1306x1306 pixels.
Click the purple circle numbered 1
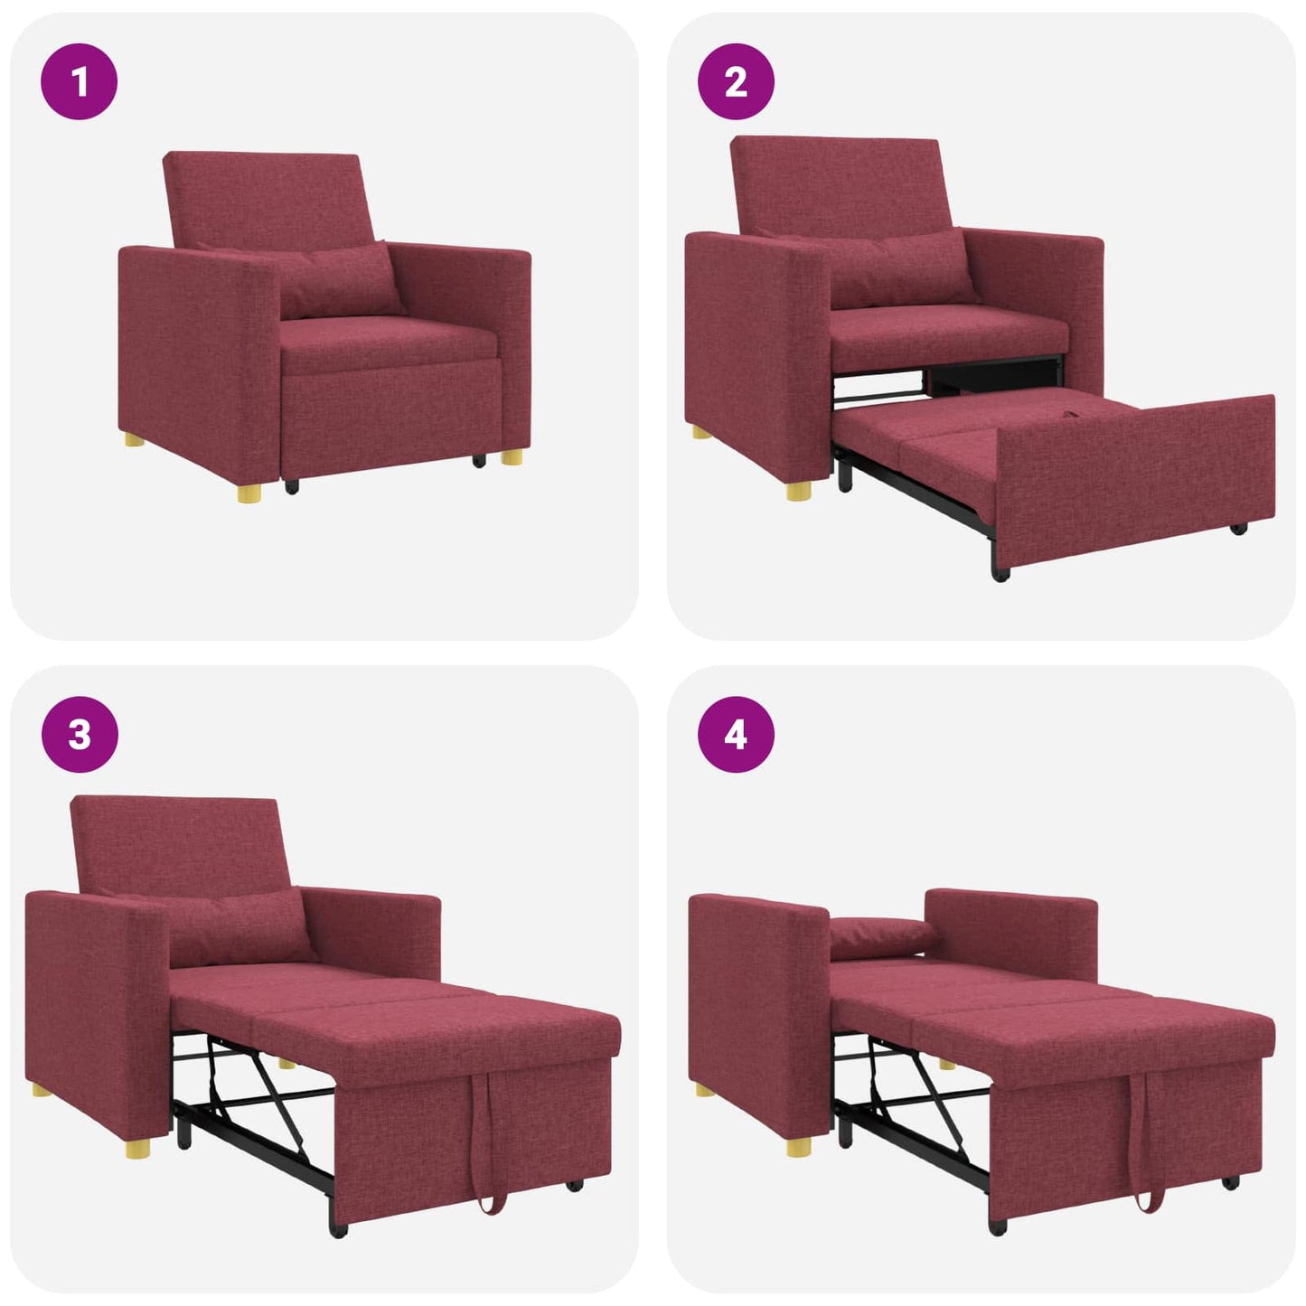[80, 81]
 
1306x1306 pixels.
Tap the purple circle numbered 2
[736, 81]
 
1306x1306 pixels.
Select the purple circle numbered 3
[80, 734]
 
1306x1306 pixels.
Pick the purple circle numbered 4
[736, 734]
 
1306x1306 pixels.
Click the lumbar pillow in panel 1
[339, 280]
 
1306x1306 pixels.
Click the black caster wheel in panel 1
[292, 486]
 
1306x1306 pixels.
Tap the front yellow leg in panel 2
[799, 491]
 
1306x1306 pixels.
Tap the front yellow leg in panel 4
[799, 1147]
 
